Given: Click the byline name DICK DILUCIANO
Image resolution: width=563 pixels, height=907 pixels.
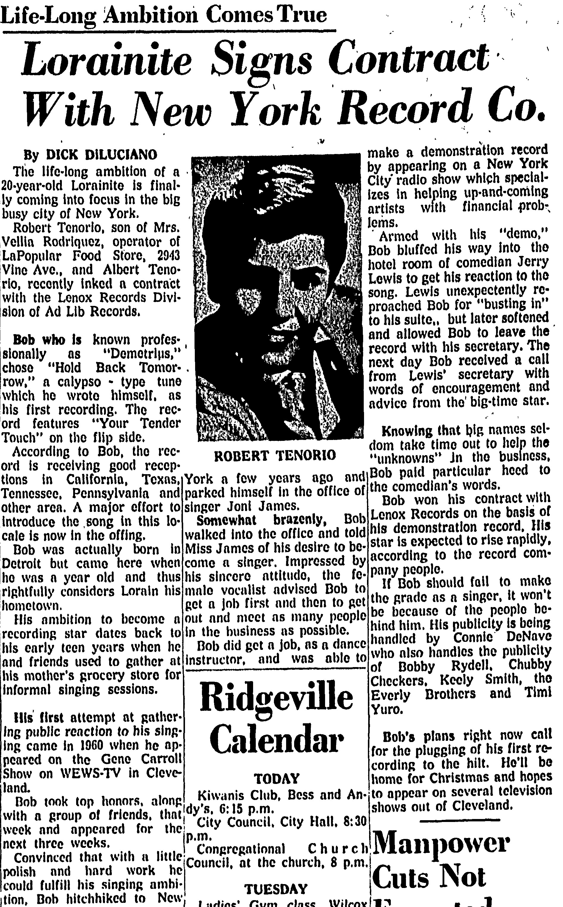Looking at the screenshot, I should coord(101,155).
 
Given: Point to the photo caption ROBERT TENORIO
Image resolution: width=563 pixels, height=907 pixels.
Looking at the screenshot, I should coord(275,455).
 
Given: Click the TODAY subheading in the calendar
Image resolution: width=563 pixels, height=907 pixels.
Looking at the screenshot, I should coord(276,779).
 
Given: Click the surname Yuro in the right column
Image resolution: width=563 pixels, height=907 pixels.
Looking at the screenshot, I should coord(385,709).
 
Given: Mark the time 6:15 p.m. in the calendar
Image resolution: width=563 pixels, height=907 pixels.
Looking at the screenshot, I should coord(248,808).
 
